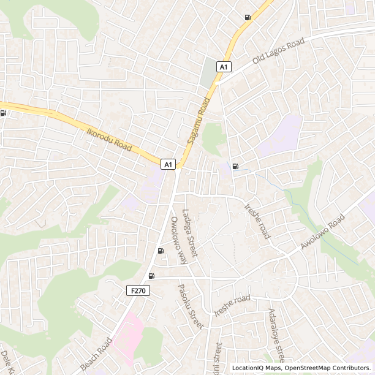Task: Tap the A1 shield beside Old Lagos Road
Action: click(x=224, y=66)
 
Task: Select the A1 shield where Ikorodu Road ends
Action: click(x=169, y=164)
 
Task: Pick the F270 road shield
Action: click(x=138, y=290)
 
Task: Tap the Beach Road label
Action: click(x=96, y=354)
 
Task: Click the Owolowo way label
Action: click(x=178, y=240)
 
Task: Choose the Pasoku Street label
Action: click(x=189, y=306)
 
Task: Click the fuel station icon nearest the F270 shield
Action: click(x=151, y=276)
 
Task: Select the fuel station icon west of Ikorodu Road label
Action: click(x=4, y=113)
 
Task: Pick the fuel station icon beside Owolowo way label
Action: click(x=161, y=250)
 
